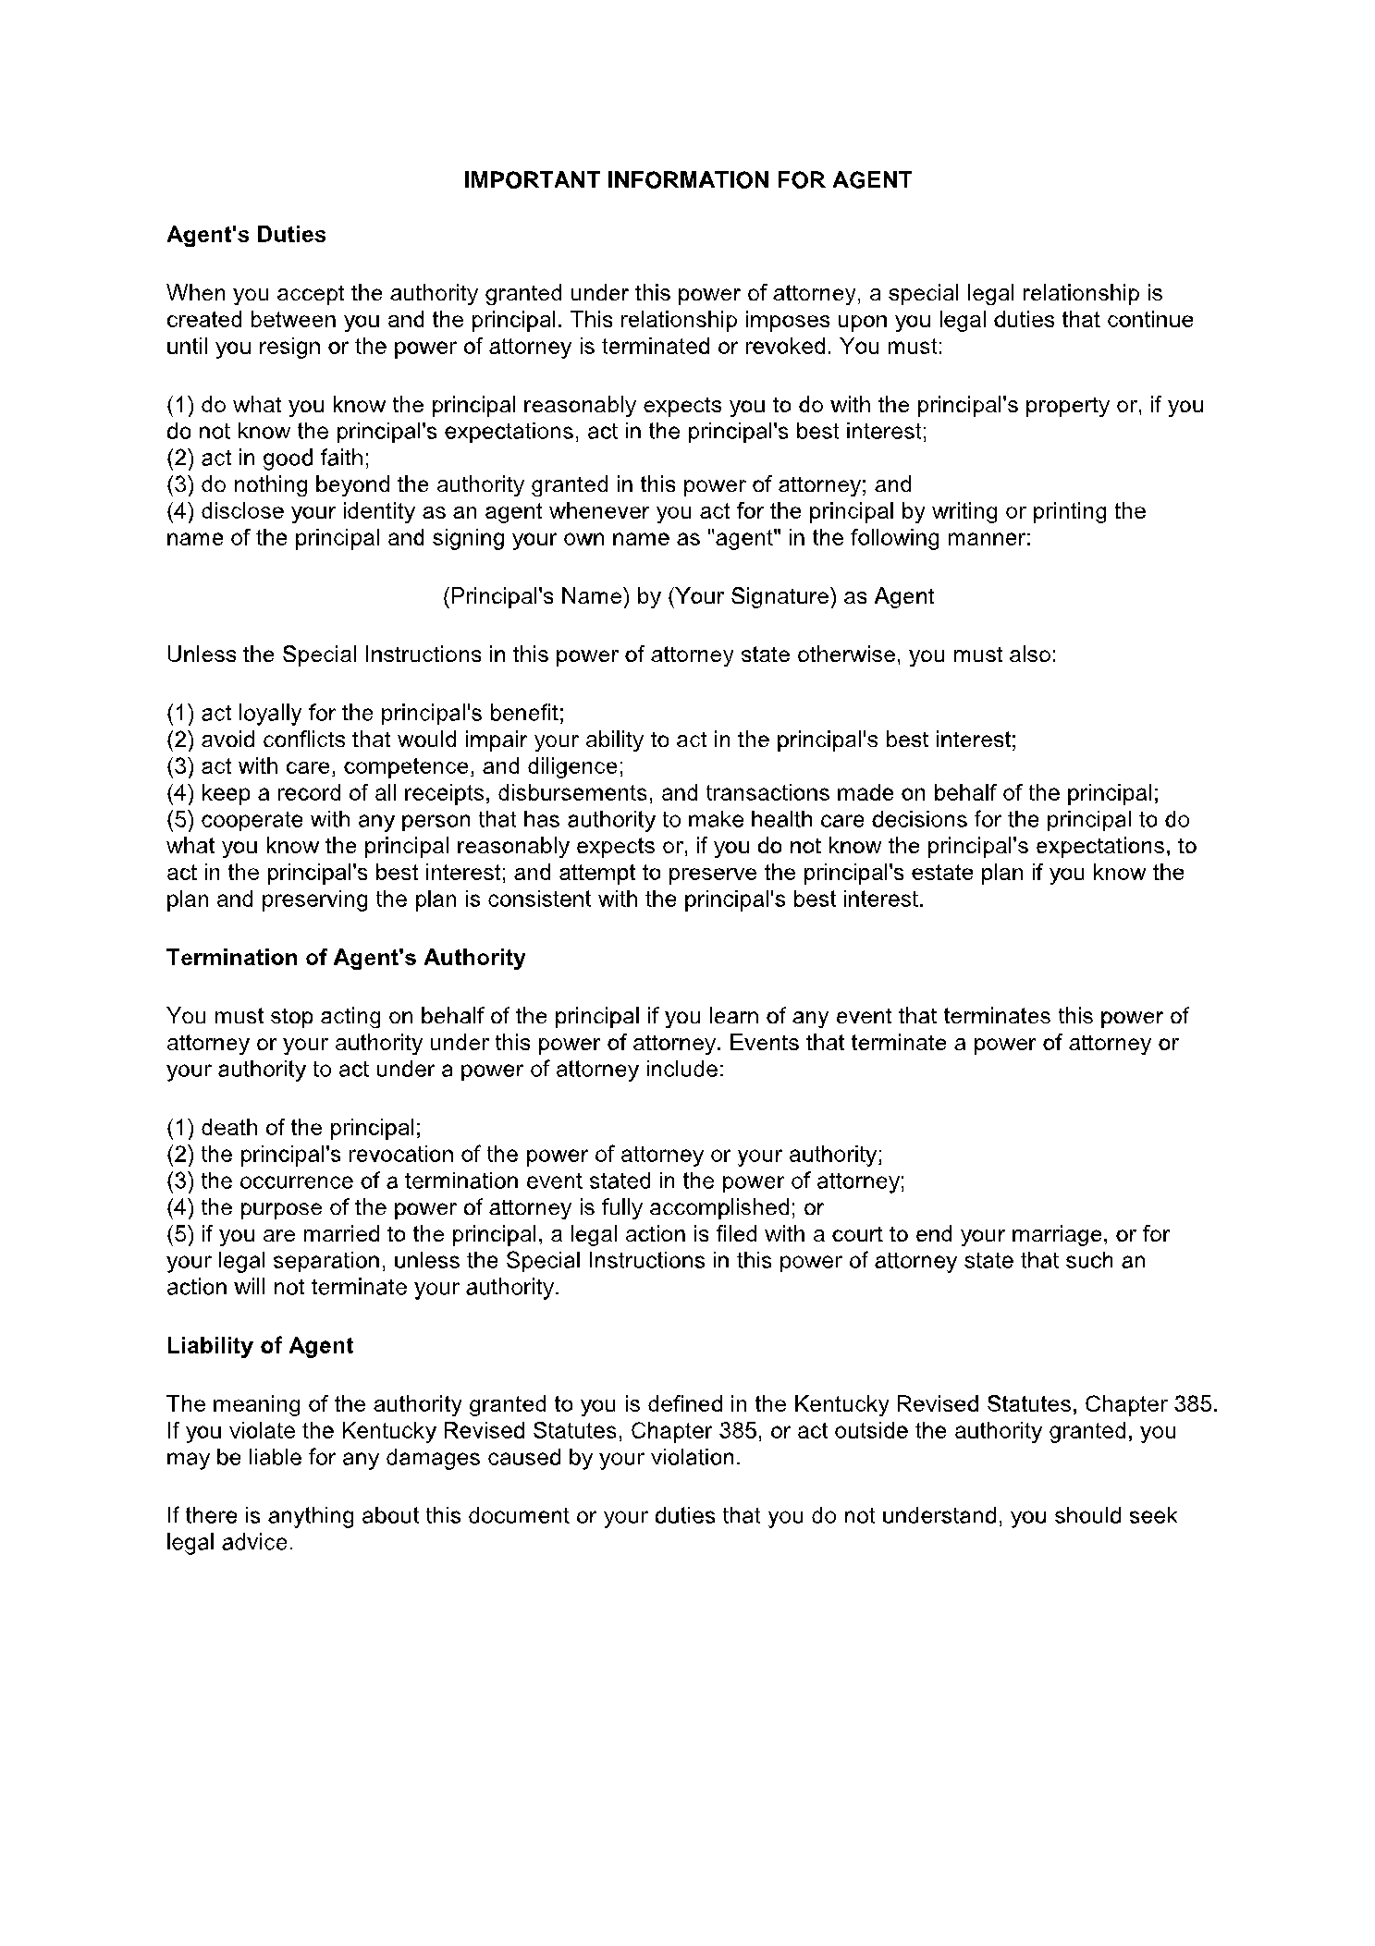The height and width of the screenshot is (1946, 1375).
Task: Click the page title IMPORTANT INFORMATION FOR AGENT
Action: click(687, 180)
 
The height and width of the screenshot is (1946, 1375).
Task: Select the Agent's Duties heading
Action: click(246, 235)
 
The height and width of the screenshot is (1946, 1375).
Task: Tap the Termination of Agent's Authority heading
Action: click(346, 958)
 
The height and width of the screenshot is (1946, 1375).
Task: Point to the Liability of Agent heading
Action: click(260, 1346)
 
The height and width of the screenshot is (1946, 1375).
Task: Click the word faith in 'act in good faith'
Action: click(343, 458)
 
